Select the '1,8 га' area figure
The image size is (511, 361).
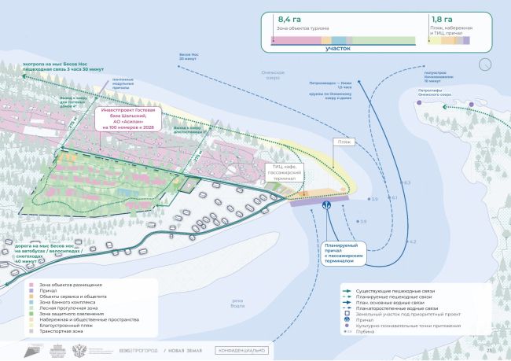click(441, 20)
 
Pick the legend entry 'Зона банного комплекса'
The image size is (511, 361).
click(65, 302)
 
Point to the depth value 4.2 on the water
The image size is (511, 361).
click(412, 241)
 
